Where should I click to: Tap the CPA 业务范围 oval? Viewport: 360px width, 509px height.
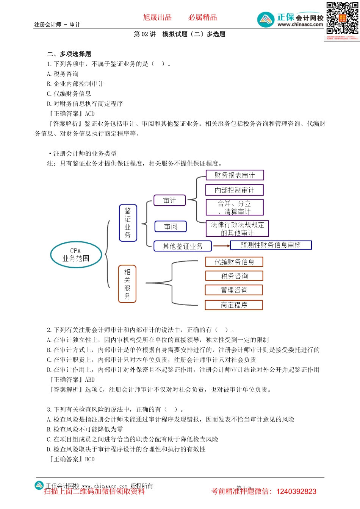click(76, 254)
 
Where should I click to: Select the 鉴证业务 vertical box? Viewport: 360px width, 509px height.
click(128, 223)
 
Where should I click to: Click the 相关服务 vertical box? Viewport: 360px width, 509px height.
click(127, 284)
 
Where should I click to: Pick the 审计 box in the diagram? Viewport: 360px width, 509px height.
click(169, 200)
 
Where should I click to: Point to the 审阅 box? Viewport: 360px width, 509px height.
click(171, 226)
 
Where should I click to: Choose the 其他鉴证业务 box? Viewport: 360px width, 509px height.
click(182, 246)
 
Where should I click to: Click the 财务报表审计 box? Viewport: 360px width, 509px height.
click(235, 175)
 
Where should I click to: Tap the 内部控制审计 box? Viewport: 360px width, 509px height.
click(234, 190)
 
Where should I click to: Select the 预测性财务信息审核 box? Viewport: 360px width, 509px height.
click(271, 245)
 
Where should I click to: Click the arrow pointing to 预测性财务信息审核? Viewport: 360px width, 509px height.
click(222, 246)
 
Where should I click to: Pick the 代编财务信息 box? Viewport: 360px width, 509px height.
click(234, 262)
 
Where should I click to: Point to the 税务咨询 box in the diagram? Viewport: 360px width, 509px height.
click(234, 276)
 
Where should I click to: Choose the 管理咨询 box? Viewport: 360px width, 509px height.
click(234, 290)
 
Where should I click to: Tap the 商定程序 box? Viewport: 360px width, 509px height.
click(234, 305)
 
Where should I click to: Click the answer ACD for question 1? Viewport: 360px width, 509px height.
click(90, 114)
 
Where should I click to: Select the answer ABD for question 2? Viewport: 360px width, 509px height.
click(90, 379)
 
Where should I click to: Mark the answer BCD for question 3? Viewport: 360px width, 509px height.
click(90, 459)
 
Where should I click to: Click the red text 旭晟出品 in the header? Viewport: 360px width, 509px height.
click(157, 17)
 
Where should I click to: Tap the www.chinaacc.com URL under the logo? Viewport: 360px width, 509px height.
click(300, 25)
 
